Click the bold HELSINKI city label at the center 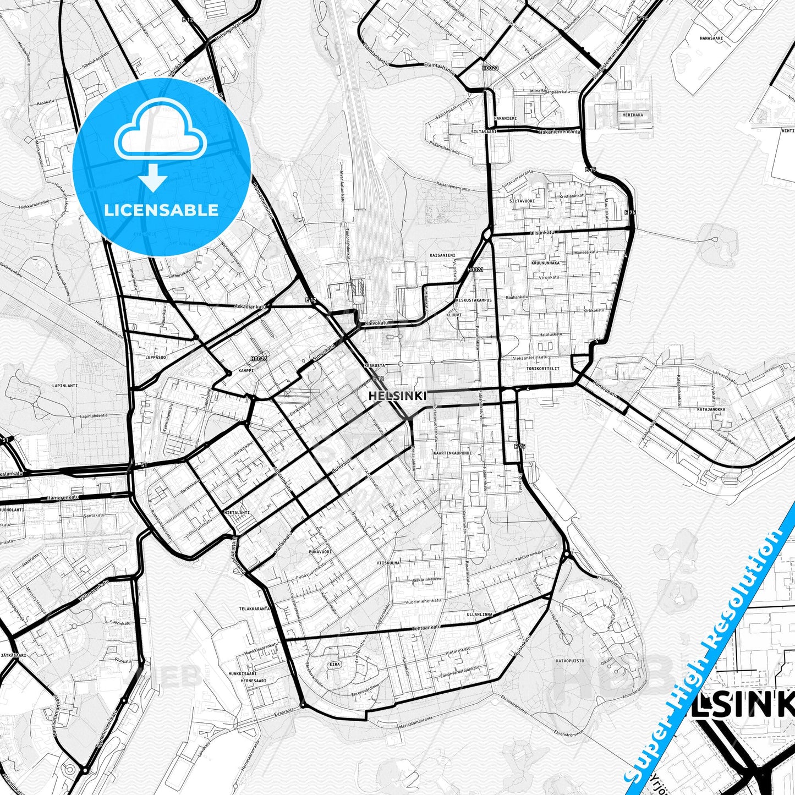(x=397, y=396)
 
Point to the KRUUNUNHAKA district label (x=545, y=263)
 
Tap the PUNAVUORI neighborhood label (x=320, y=551)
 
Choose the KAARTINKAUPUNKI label (x=452, y=453)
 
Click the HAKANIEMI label (x=505, y=118)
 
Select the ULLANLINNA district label (x=480, y=614)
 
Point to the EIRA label (x=335, y=665)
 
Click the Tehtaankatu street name (x=427, y=627)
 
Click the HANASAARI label (x=711, y=39)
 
